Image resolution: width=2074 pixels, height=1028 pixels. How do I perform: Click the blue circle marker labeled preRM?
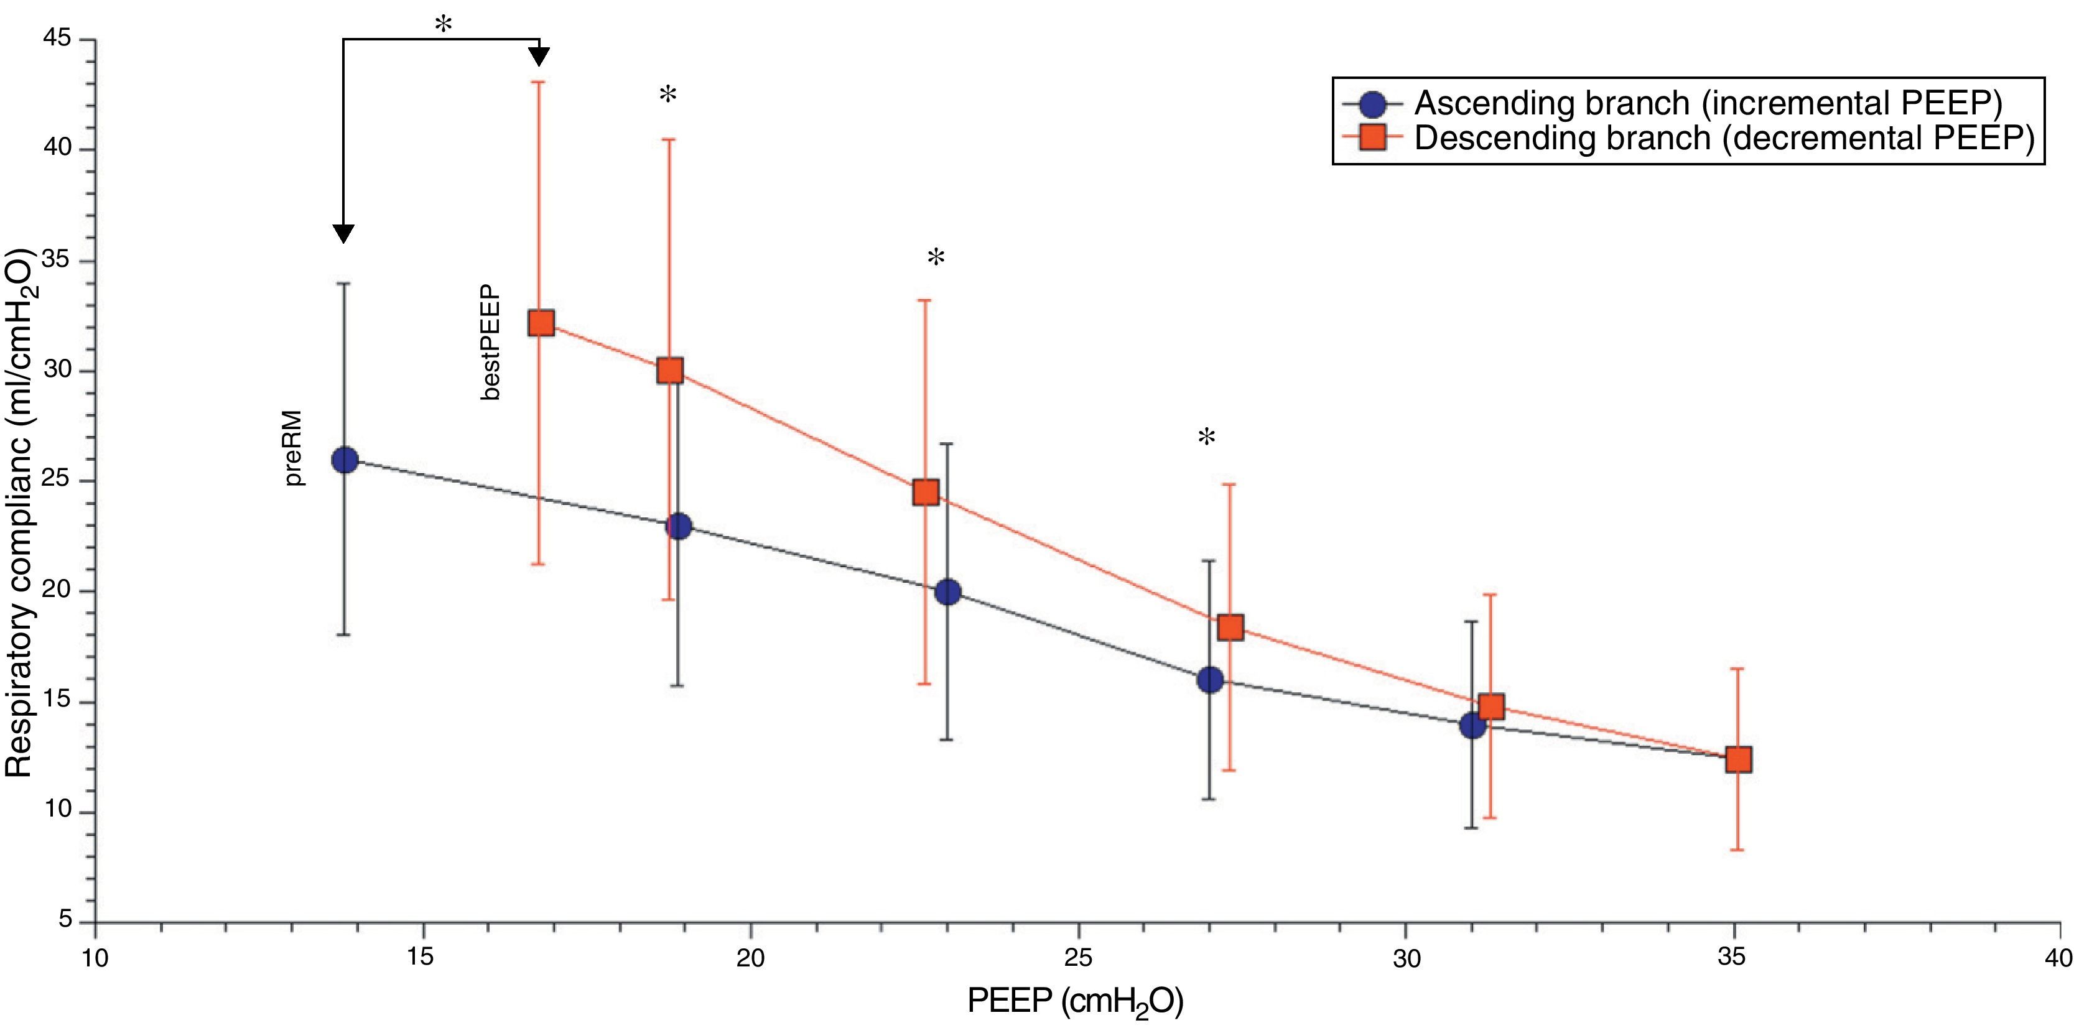345,460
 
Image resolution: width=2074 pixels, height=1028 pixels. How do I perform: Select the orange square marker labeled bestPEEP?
541,323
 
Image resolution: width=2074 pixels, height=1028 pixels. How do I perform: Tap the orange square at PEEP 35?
1738,759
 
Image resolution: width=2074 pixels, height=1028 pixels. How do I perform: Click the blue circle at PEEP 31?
1472,725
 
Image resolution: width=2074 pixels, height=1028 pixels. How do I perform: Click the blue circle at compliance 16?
1209,680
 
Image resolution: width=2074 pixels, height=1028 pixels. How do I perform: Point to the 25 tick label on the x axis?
1077,957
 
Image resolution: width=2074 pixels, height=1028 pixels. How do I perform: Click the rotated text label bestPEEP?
490,342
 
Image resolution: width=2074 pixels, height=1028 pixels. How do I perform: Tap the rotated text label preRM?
295,448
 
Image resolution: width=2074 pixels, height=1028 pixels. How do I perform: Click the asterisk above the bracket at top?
443,24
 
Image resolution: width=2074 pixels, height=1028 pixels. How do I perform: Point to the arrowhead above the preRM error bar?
344,233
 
